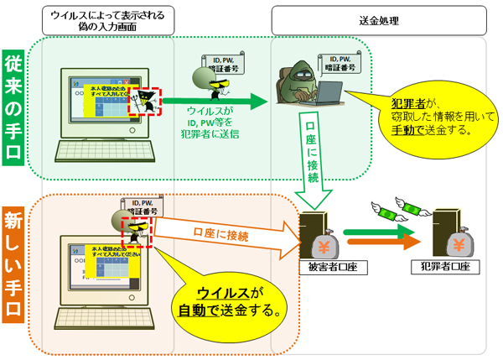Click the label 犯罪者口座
[443, 268]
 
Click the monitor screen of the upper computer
[99, 101]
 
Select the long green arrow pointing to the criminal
[214, 103]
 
